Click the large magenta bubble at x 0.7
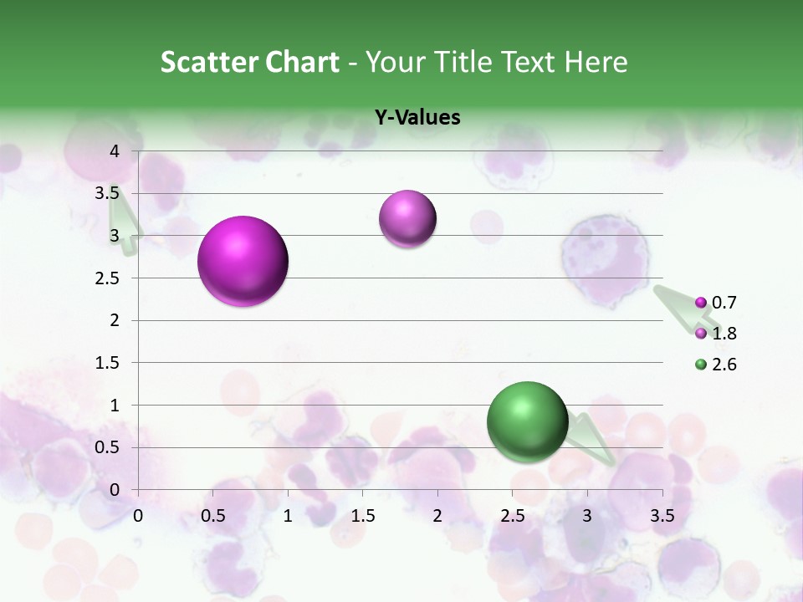[x=243, y=261]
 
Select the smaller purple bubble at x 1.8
[x=407, y=219]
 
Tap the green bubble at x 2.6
[x=527, y=421]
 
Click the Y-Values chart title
[x=417, y=118]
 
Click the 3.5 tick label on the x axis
[x=662, y=516]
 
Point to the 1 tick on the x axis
[x=288, y=516]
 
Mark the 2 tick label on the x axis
[x=437, y=516]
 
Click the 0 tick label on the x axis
[x=138, y=516]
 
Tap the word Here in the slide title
[x=596, y=62]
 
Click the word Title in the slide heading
[x=464, y=62]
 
